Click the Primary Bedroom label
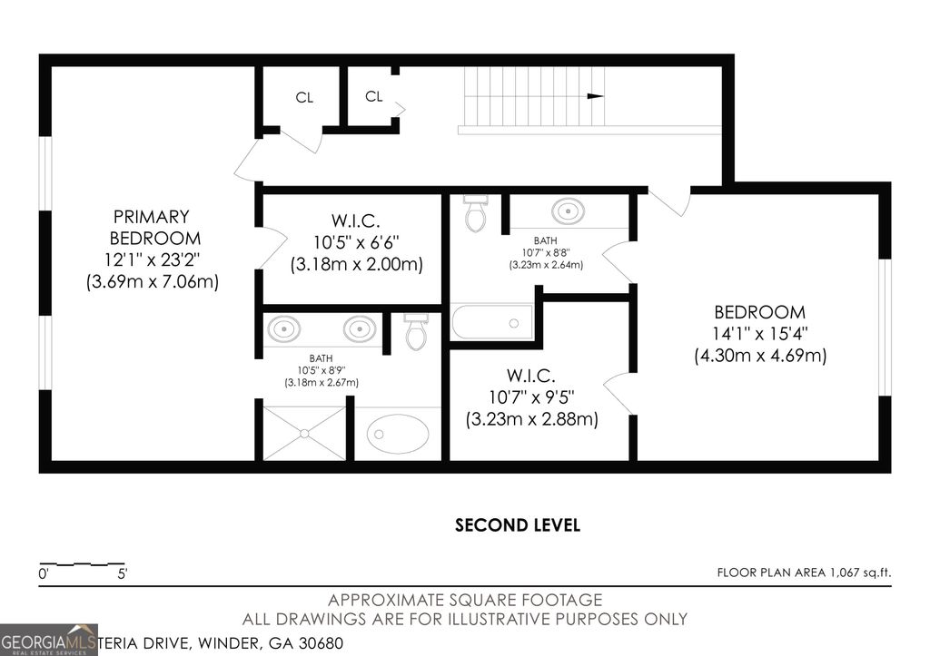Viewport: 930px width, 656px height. pyautogui.click(x=152, y=228)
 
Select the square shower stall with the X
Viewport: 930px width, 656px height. pyautogui.click(x=304, y=433)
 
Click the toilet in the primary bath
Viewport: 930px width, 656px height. pyautogui.click(x=416, y=332)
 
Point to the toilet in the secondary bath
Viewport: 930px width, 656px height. pyautogui.click(x=475, y=213)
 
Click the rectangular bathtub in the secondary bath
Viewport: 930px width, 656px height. pyautogui.click(x=492, y=322)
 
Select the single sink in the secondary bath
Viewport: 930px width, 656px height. pyautogui.click(x=569, y=211)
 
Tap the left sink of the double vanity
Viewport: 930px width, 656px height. pyautogui.click(x=284, y=328)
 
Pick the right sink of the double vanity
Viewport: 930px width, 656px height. pyautogui.click(x=360, y=328)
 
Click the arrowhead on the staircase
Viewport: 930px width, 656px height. pyautogui.click(x=596, y=95)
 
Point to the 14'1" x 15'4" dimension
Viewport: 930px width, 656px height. pyautogui.click(x=760, y=333)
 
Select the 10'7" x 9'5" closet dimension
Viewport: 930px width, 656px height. pyautogui.click(x=531, y=397)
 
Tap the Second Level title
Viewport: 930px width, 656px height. pyautogui.click(x=517, y=524)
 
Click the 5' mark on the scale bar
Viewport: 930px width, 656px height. pyautogui.click(x=121, y=573)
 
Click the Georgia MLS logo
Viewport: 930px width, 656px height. pyautogui.click(x=48, y=639)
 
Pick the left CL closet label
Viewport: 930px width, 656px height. pyautogui.click(x=304, y=98)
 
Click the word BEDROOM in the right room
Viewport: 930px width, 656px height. pyautogui.click(x=759, y=312)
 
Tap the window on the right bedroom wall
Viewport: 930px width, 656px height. pyautogui.click(x=885, y=327)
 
